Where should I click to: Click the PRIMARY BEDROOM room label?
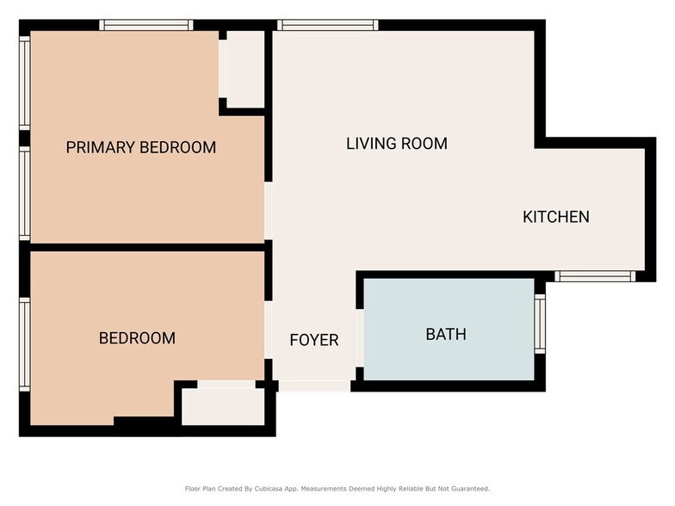click(x=140, y=147)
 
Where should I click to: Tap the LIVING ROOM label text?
click(x=396, y=144)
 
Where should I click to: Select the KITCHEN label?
click(x=556, y=217)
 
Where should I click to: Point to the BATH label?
click(x=446, y=334)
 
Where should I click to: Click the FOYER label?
click(x=313, y=340)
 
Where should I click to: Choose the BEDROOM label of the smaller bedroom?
click(x=137, y=338)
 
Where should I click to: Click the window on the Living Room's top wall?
click(x=328, y=25)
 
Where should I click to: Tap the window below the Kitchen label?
click(x=594, y=276)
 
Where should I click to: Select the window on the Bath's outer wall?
click(x=540, y=324)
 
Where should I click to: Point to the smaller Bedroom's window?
click(x=25, y=344)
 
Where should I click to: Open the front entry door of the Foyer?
click(x=314, y=386)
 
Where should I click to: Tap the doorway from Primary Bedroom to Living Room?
click(x=269, y=211)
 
